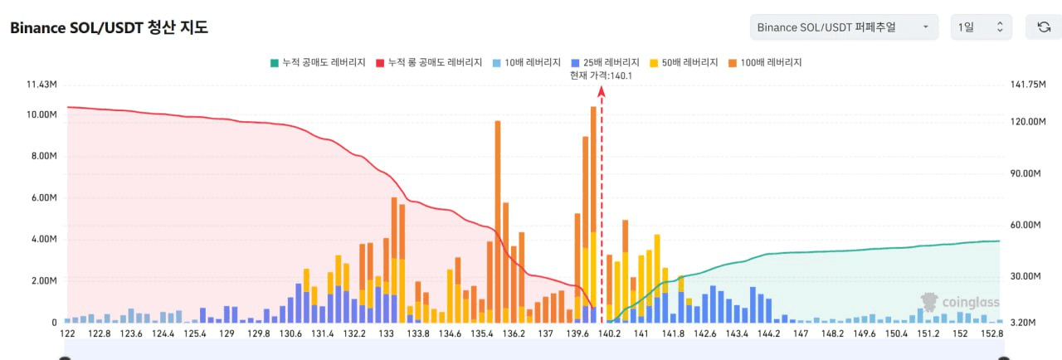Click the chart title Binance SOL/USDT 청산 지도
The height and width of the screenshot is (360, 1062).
pyautogui.click(x=109, y=27)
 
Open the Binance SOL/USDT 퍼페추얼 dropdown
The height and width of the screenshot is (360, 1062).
pyautogui.click(x=843, y=27)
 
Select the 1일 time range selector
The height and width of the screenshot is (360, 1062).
pyautogui.click(x=981, y=27)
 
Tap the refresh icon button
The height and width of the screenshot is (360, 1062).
pyautogui.click(x=1043, y=27)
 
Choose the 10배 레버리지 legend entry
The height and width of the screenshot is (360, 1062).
pyautogui.click(x=526, y=62)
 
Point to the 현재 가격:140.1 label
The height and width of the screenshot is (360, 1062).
pyautogui.click(x=602, y=75)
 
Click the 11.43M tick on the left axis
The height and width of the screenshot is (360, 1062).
pyautogui.click(x=41, y=85)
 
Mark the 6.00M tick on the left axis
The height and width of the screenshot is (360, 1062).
pyautogui.click(x=43, y=198)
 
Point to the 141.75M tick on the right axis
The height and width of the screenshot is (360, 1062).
pyautogui.click(x=1027, y=85)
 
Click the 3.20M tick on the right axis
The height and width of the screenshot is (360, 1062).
pyautogui.click(x=1024, y=323)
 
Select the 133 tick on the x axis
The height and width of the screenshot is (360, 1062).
pyautogui.click(x=386, y=333)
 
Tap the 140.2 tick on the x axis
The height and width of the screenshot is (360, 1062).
pyautogui.click(x=609, y=333)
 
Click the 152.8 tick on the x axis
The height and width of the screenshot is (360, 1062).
pyautogui.click(x=991, y=333)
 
